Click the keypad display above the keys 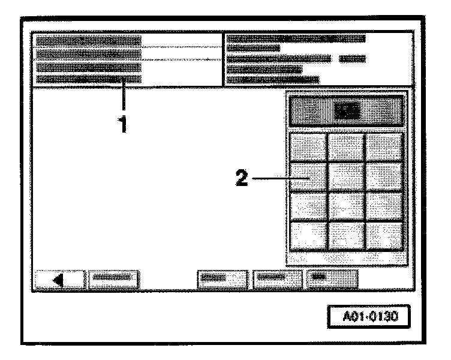[x=347, y=110]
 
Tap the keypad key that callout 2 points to [x=309, y=178]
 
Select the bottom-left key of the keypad [x=309, y=235]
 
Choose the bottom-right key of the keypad [x=384, y=235]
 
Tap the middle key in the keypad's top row [x=347, y=148]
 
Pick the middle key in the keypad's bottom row [x=347, y=235]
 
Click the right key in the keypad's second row [x=384, y=178]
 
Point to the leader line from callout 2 [x=276, y=178]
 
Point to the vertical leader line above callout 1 [x=124, y=96]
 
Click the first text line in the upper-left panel [x=89, y=41]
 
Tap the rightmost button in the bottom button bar [x=332, y=279]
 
